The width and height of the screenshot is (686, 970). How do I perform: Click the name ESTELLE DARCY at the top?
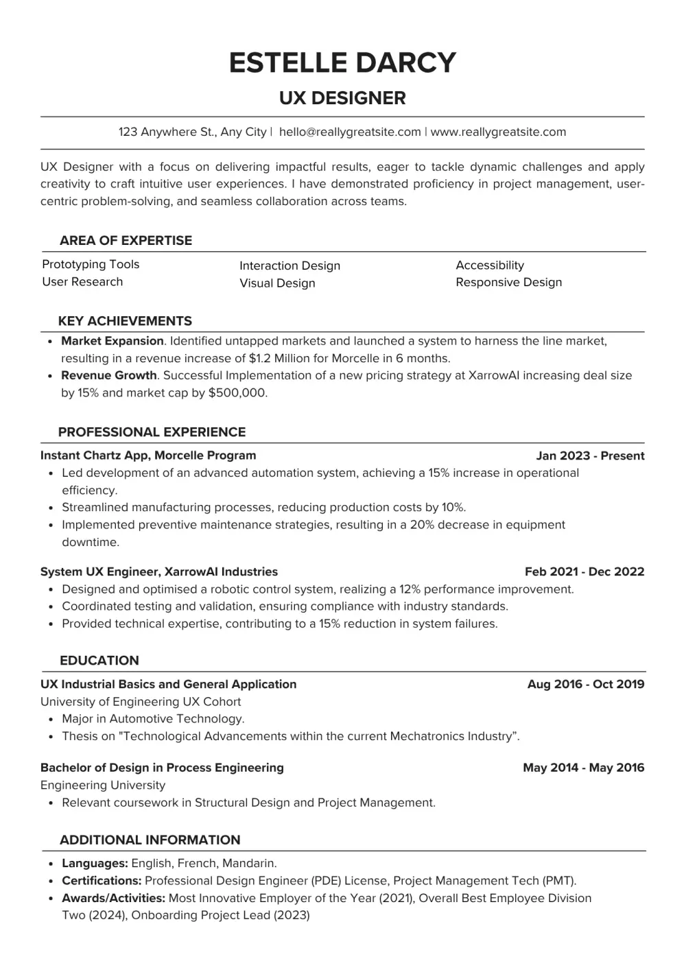342,62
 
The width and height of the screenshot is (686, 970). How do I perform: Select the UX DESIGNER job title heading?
342,98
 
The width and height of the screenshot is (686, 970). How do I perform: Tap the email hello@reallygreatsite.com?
350,132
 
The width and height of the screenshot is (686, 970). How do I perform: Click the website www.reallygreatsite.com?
498,132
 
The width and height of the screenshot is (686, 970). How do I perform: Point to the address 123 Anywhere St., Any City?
192,132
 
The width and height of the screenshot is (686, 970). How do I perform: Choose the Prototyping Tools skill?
91,264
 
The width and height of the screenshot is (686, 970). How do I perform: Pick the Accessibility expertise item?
490,265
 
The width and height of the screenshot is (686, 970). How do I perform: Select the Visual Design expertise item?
277,283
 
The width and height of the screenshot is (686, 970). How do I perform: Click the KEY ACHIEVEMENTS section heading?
125,321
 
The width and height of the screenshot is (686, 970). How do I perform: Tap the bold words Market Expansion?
113,341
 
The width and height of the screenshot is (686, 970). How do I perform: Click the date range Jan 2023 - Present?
590,456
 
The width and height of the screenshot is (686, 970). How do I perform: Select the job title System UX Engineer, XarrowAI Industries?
159,571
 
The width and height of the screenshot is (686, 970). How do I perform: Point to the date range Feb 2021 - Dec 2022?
584,571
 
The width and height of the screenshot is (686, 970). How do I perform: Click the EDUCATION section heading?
99,661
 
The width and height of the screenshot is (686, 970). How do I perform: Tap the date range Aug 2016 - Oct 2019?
586,684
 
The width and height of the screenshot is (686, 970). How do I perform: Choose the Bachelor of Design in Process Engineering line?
162,768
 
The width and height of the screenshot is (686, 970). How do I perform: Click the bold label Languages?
95,864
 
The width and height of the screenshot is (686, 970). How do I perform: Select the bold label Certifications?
102,881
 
